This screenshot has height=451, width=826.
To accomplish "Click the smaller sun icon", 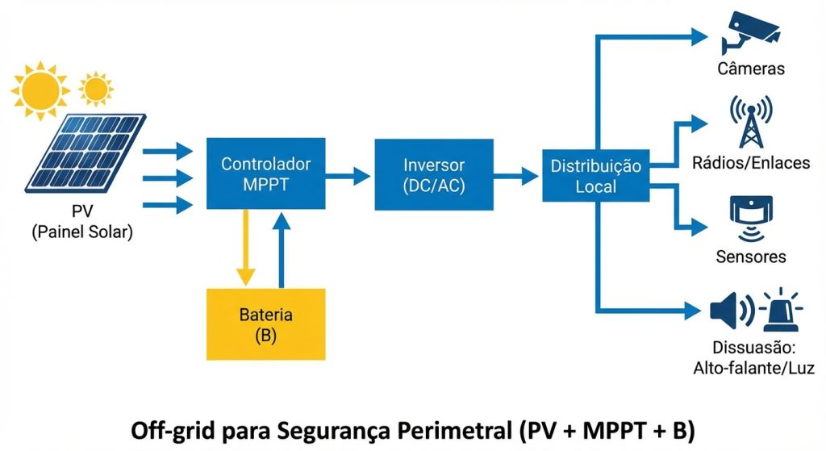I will [x=96, y=86].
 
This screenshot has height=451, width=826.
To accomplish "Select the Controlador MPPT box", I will [x=265, y=174].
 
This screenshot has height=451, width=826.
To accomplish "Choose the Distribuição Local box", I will [x=595, y=176].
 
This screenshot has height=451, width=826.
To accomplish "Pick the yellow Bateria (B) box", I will [x=265, y=324].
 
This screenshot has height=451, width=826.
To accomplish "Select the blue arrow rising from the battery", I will [x=282, y=249].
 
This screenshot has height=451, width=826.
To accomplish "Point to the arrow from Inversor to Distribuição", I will [x=516, y=176].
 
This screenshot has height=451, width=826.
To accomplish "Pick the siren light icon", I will [x=780, y=309].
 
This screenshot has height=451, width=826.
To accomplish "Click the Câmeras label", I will [x=751, y=69].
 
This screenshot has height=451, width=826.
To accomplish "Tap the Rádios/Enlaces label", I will [x=751, y=164].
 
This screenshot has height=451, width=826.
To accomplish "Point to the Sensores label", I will [x=751, y=257].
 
